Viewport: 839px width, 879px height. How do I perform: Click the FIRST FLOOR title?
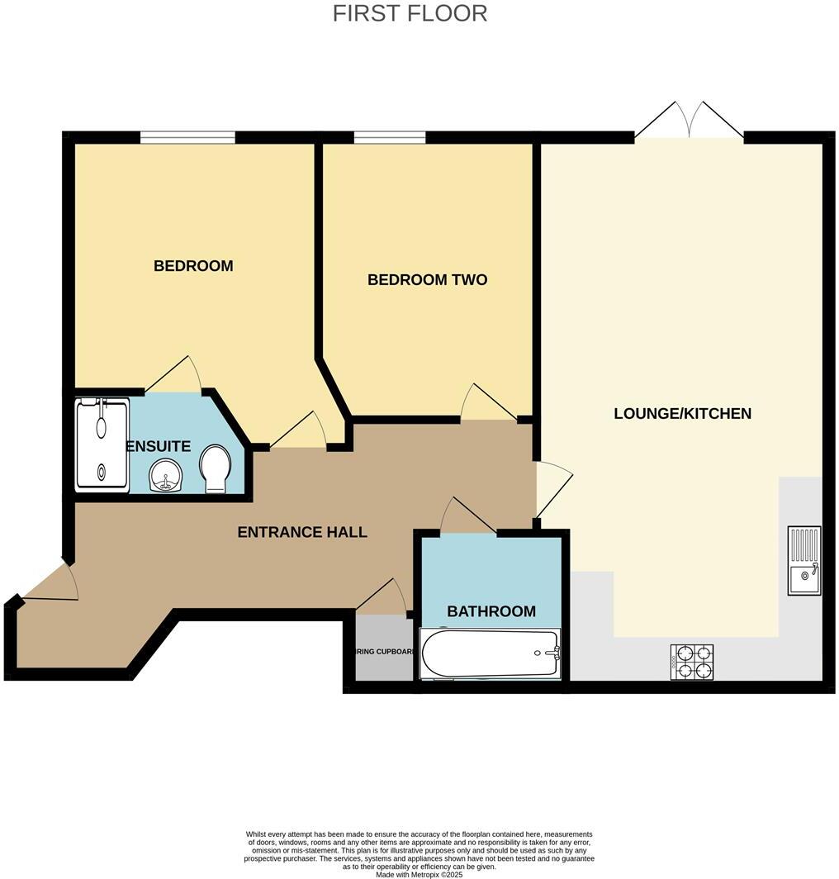click(x=410, y=13)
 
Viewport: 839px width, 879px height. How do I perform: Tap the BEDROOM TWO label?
click(x=427, y=280)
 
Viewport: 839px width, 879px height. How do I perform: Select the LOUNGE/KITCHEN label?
click(x=682, y=413)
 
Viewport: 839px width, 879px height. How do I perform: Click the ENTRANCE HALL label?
click(x=302, y=532)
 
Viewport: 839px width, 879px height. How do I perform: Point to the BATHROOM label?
click(x=491, y=611)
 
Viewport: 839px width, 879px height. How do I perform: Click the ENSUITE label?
click(x=159, y=446)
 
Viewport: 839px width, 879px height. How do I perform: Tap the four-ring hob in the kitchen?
click(x=693, y=661)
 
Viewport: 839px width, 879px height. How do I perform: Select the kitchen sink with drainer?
click(x=803, y=561)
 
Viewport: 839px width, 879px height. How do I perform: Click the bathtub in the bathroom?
click(x=491, y=653)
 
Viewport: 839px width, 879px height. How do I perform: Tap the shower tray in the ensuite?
click(x=102, y=444)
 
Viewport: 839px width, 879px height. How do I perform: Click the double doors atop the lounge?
click(x=688, y=121)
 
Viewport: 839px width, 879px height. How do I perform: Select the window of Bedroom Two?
click(x=390, y=138)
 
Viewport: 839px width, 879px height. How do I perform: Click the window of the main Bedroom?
click(x=187, y=138)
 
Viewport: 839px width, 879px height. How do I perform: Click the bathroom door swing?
click(x=467, y=516)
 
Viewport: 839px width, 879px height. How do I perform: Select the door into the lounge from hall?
click(x=552, y=488)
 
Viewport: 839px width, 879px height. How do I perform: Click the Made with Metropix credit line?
click(x=419, y=874)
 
